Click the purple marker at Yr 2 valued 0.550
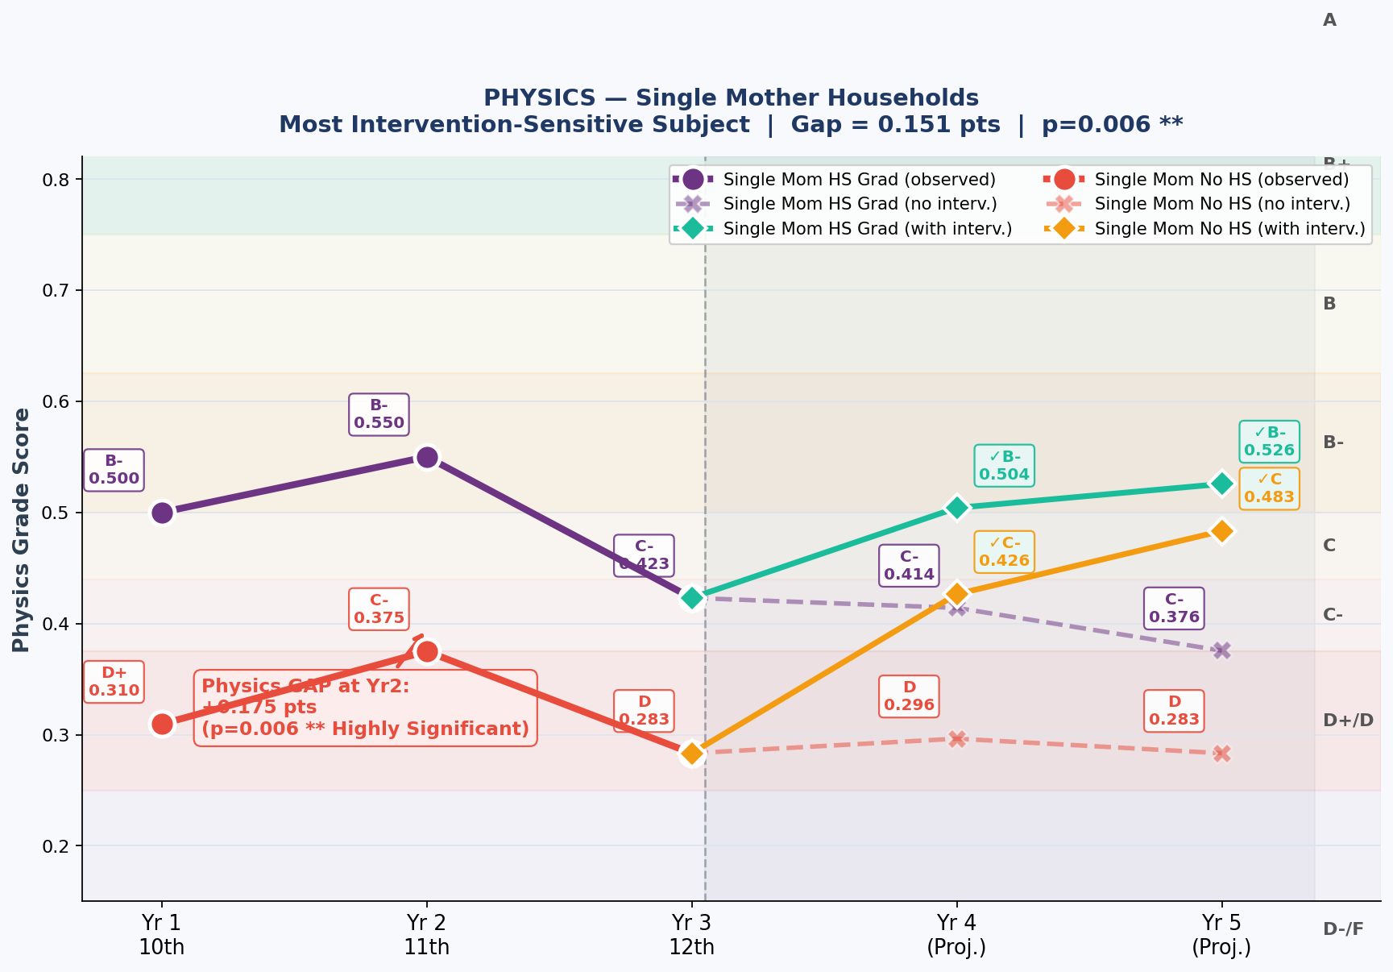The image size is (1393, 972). pyautogui.click(x=427, y=457)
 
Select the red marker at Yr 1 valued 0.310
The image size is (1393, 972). pyautogui.click(x=162, y=724)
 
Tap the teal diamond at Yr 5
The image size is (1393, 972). pyautogui.click(x=1221, y=484)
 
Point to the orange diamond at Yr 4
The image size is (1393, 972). pyautogui.click(x=956, y=594)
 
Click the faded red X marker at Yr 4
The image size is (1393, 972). pyautogui.click(x=956, y=738)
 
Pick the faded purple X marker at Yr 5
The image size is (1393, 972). pyautogui.click(x=1221, y=650)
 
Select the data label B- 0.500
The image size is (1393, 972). pyautogui.click(x=114, y=470)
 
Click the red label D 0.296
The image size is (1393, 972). pyautogui.click(x=909, y=696)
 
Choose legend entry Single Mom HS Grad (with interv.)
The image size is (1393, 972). pyautogui.click(x=867, y=229)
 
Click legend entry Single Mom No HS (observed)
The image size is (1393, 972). pyautogui.click(x=1221, y=179)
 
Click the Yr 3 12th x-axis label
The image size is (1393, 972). pyautogui.click(x=691, y=934)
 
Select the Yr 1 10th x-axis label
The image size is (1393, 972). pyautogui.click(x=162, y=934)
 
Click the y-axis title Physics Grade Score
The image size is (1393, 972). pyautogui.click(x=21, y=530)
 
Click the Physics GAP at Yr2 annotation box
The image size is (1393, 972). pyautogui.click(x=365, y=708)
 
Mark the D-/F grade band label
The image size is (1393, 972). pyautogui.click(x=1343, y=929)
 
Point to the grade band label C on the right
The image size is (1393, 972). pyautogui.click(x=1329, y=546)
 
